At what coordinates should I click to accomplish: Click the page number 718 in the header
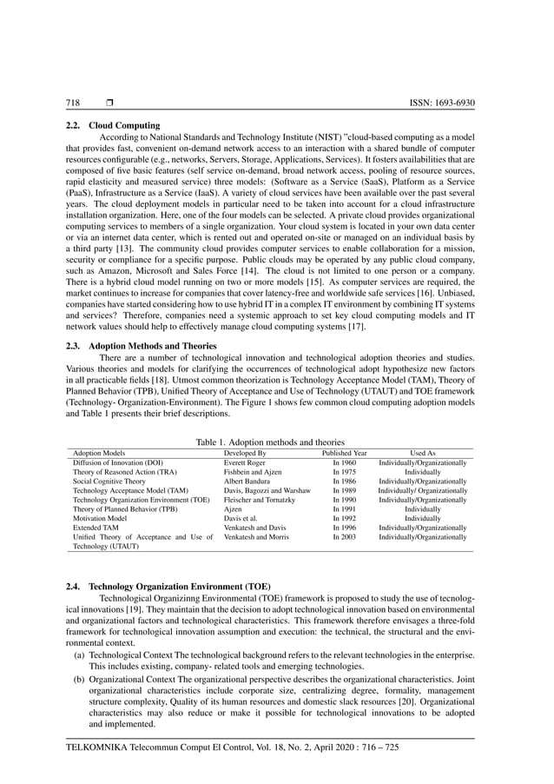pos(74,103)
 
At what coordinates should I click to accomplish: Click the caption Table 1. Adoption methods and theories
pos(270,443)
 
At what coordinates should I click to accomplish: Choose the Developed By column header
pos(245,454)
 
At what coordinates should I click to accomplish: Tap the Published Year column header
pos(345,454)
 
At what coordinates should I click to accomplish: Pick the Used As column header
pos(423,454)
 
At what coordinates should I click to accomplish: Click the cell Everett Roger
pos(245,463)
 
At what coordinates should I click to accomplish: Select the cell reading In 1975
pos(345,473)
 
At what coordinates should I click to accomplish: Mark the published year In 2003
pos(345,539)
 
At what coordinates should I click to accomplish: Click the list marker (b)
pos(80,675)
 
